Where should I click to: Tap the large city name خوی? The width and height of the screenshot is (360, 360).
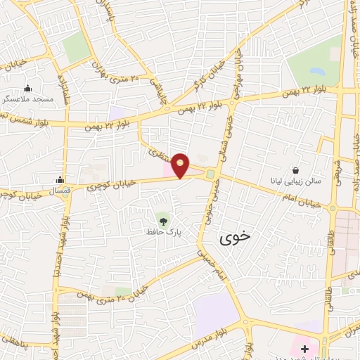(234, 239)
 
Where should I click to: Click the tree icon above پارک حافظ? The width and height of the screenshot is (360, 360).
(163, 221)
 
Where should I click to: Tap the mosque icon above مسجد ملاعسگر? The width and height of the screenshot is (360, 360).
(28, 89)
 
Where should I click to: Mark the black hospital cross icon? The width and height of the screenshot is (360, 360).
(304, 349)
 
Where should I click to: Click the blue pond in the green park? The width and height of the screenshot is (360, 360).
(314, 72)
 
